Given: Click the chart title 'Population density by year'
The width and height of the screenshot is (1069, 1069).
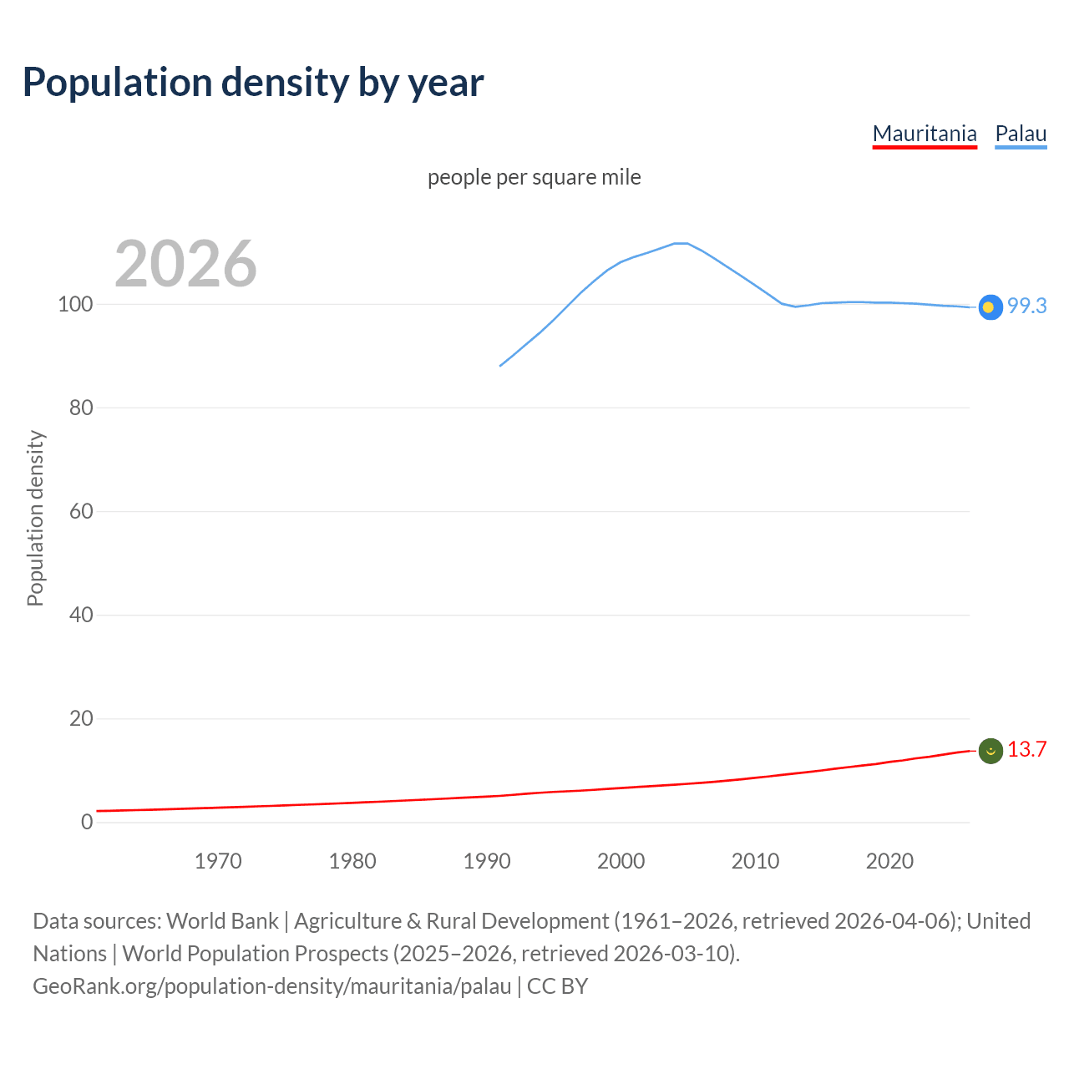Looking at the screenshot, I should click(x=253, y=83).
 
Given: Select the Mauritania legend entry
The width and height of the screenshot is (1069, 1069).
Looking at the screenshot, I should click(x=925, y=134).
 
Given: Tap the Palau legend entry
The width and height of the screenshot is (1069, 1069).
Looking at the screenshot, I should click(x=1021, y=134).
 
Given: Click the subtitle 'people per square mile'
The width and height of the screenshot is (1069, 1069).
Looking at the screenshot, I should click(x=534, y=177).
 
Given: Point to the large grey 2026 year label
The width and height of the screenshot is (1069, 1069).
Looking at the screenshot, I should click(x=185, y=264).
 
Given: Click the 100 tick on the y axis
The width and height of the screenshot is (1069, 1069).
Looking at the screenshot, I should click(x=74, y=304).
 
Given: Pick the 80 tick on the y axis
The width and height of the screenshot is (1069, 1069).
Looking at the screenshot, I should click(x=80, y=408).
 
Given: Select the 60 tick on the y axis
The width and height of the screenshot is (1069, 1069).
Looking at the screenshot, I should click(x=80, y=511).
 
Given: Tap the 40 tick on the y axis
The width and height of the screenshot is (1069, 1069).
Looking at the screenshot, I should click(x=80, y=615).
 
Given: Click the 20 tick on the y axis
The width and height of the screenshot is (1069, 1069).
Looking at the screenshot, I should click(x=80, y=718).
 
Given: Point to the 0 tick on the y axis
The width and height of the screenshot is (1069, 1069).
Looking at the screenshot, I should click(x=87, y=822).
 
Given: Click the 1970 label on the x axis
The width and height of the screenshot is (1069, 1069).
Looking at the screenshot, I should click(x=218, y=861).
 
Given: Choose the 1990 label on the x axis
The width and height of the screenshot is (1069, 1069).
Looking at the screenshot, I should click(x=487, y=861).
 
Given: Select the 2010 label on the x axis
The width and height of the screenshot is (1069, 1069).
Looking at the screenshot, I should click(x=755, y=861).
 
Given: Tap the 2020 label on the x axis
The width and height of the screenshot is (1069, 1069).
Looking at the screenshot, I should click(x=889, y=861).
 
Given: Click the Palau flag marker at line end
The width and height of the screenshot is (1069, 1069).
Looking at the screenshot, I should click(x=990, y=307).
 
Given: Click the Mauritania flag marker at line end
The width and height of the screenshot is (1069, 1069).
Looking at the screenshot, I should click(x=990, y=752).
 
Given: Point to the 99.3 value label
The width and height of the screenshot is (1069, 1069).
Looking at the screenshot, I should click(x=1026, y=306).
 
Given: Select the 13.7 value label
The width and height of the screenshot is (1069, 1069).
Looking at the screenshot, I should click(x=1026, y=749).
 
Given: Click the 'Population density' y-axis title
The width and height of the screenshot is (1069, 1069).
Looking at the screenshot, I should click(x=35, y=518).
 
